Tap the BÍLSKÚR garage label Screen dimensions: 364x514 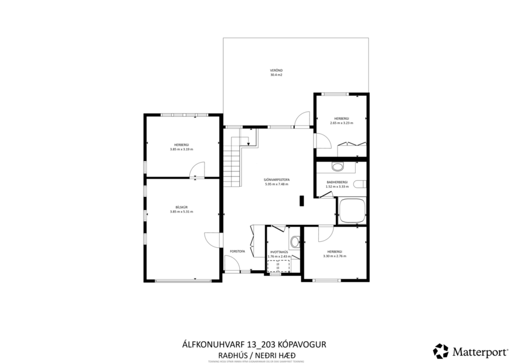(181, 207)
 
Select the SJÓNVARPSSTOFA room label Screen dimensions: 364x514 (278, 181)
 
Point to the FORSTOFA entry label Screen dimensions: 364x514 (237, 251)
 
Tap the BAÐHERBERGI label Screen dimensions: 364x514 (337, 182)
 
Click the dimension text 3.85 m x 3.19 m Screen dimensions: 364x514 (181, 149)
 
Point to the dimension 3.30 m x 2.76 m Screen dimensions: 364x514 (334, 256)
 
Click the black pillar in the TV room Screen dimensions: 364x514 (301, 201)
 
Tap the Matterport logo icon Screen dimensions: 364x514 (440, 350)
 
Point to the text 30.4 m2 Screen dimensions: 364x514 (276, 76)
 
